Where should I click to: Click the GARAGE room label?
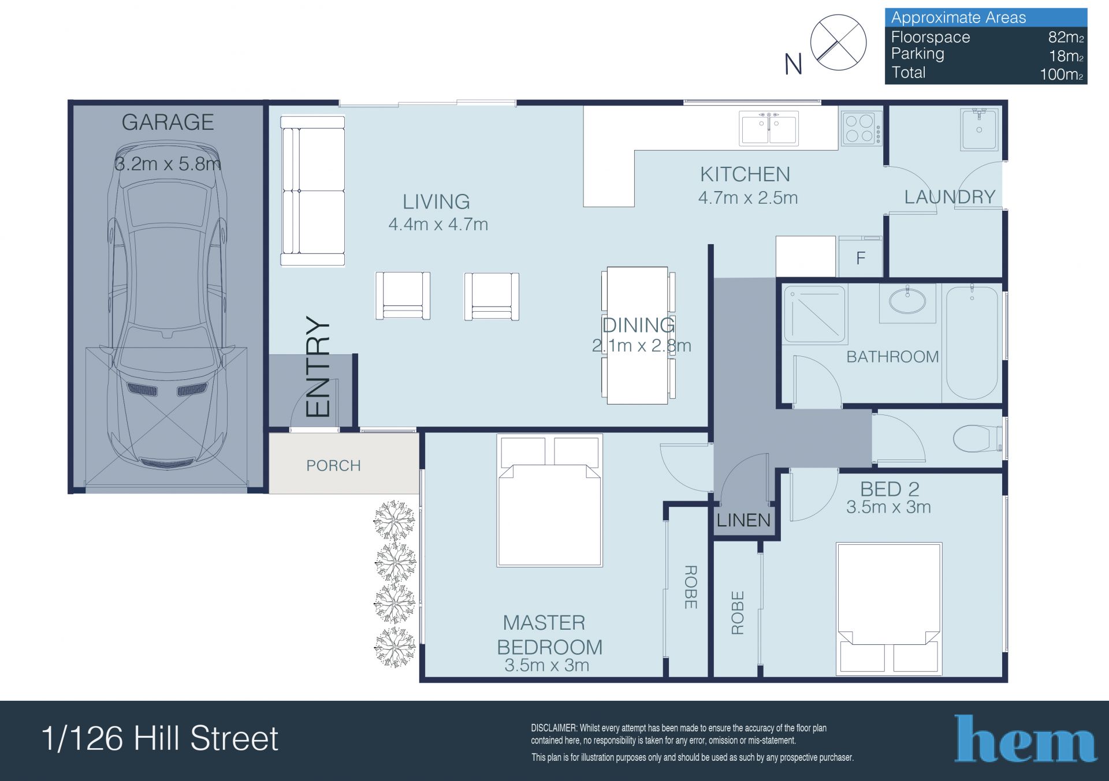click(168, 122)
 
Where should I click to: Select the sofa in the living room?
click(312, 191)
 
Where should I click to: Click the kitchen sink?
click(769, 128)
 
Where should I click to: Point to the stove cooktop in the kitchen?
click(861, 128)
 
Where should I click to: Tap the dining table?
click(638, 335)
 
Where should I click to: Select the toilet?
click(978, 439)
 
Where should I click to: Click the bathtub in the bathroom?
click(972, 343)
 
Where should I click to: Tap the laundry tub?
click(979, 129)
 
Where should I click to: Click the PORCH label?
click(333, 465)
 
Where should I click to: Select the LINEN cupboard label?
click(743, 521)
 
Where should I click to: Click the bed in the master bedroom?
click(549, 500)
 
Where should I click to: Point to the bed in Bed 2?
click(889, 609)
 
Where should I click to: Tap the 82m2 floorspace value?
click(1066, 37)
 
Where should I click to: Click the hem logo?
click(1025, 738)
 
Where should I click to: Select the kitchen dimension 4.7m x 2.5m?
click(748, 198)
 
